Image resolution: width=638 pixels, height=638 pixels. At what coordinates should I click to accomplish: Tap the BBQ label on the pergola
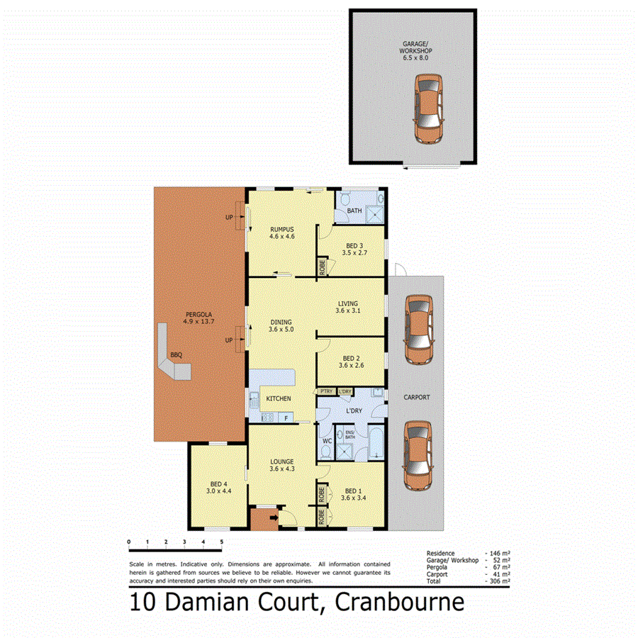tap(175, 355)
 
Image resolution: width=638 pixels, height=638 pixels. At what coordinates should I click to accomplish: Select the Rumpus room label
tap(281, 229)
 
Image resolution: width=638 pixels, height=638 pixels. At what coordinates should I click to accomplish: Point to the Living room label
tap(347, 304)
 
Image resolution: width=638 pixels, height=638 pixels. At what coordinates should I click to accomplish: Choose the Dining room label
tap(281, 323)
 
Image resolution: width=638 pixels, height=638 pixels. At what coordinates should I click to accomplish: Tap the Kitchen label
tap(279, 398)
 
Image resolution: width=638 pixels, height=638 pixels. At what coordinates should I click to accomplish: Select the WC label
tap(327, 441)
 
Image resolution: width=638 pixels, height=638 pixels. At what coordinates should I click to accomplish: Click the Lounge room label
tap(281, 461)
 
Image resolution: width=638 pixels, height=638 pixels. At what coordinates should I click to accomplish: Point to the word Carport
tap(416, 398)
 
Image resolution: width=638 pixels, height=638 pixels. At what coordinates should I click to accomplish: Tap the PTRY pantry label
tap(327, 391)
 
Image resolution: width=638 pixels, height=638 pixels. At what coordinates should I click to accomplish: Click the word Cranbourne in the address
tap(399, 603)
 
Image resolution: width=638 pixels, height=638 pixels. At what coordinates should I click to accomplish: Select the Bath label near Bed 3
tap(354, 211)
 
